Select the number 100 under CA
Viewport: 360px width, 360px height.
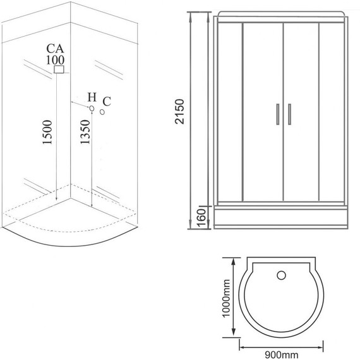(x=56, y=60)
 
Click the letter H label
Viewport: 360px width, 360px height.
(x=92, y=97)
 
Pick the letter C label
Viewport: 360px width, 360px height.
(x=107, y=101)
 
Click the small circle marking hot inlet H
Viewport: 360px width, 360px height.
(x=92, y=109)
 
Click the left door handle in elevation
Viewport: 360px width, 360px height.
(x=277, y=116)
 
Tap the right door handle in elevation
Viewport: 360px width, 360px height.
(x=288, y=116)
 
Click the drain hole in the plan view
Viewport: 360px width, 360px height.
(x=282, y=275)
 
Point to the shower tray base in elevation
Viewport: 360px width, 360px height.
(x=281, y=217)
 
